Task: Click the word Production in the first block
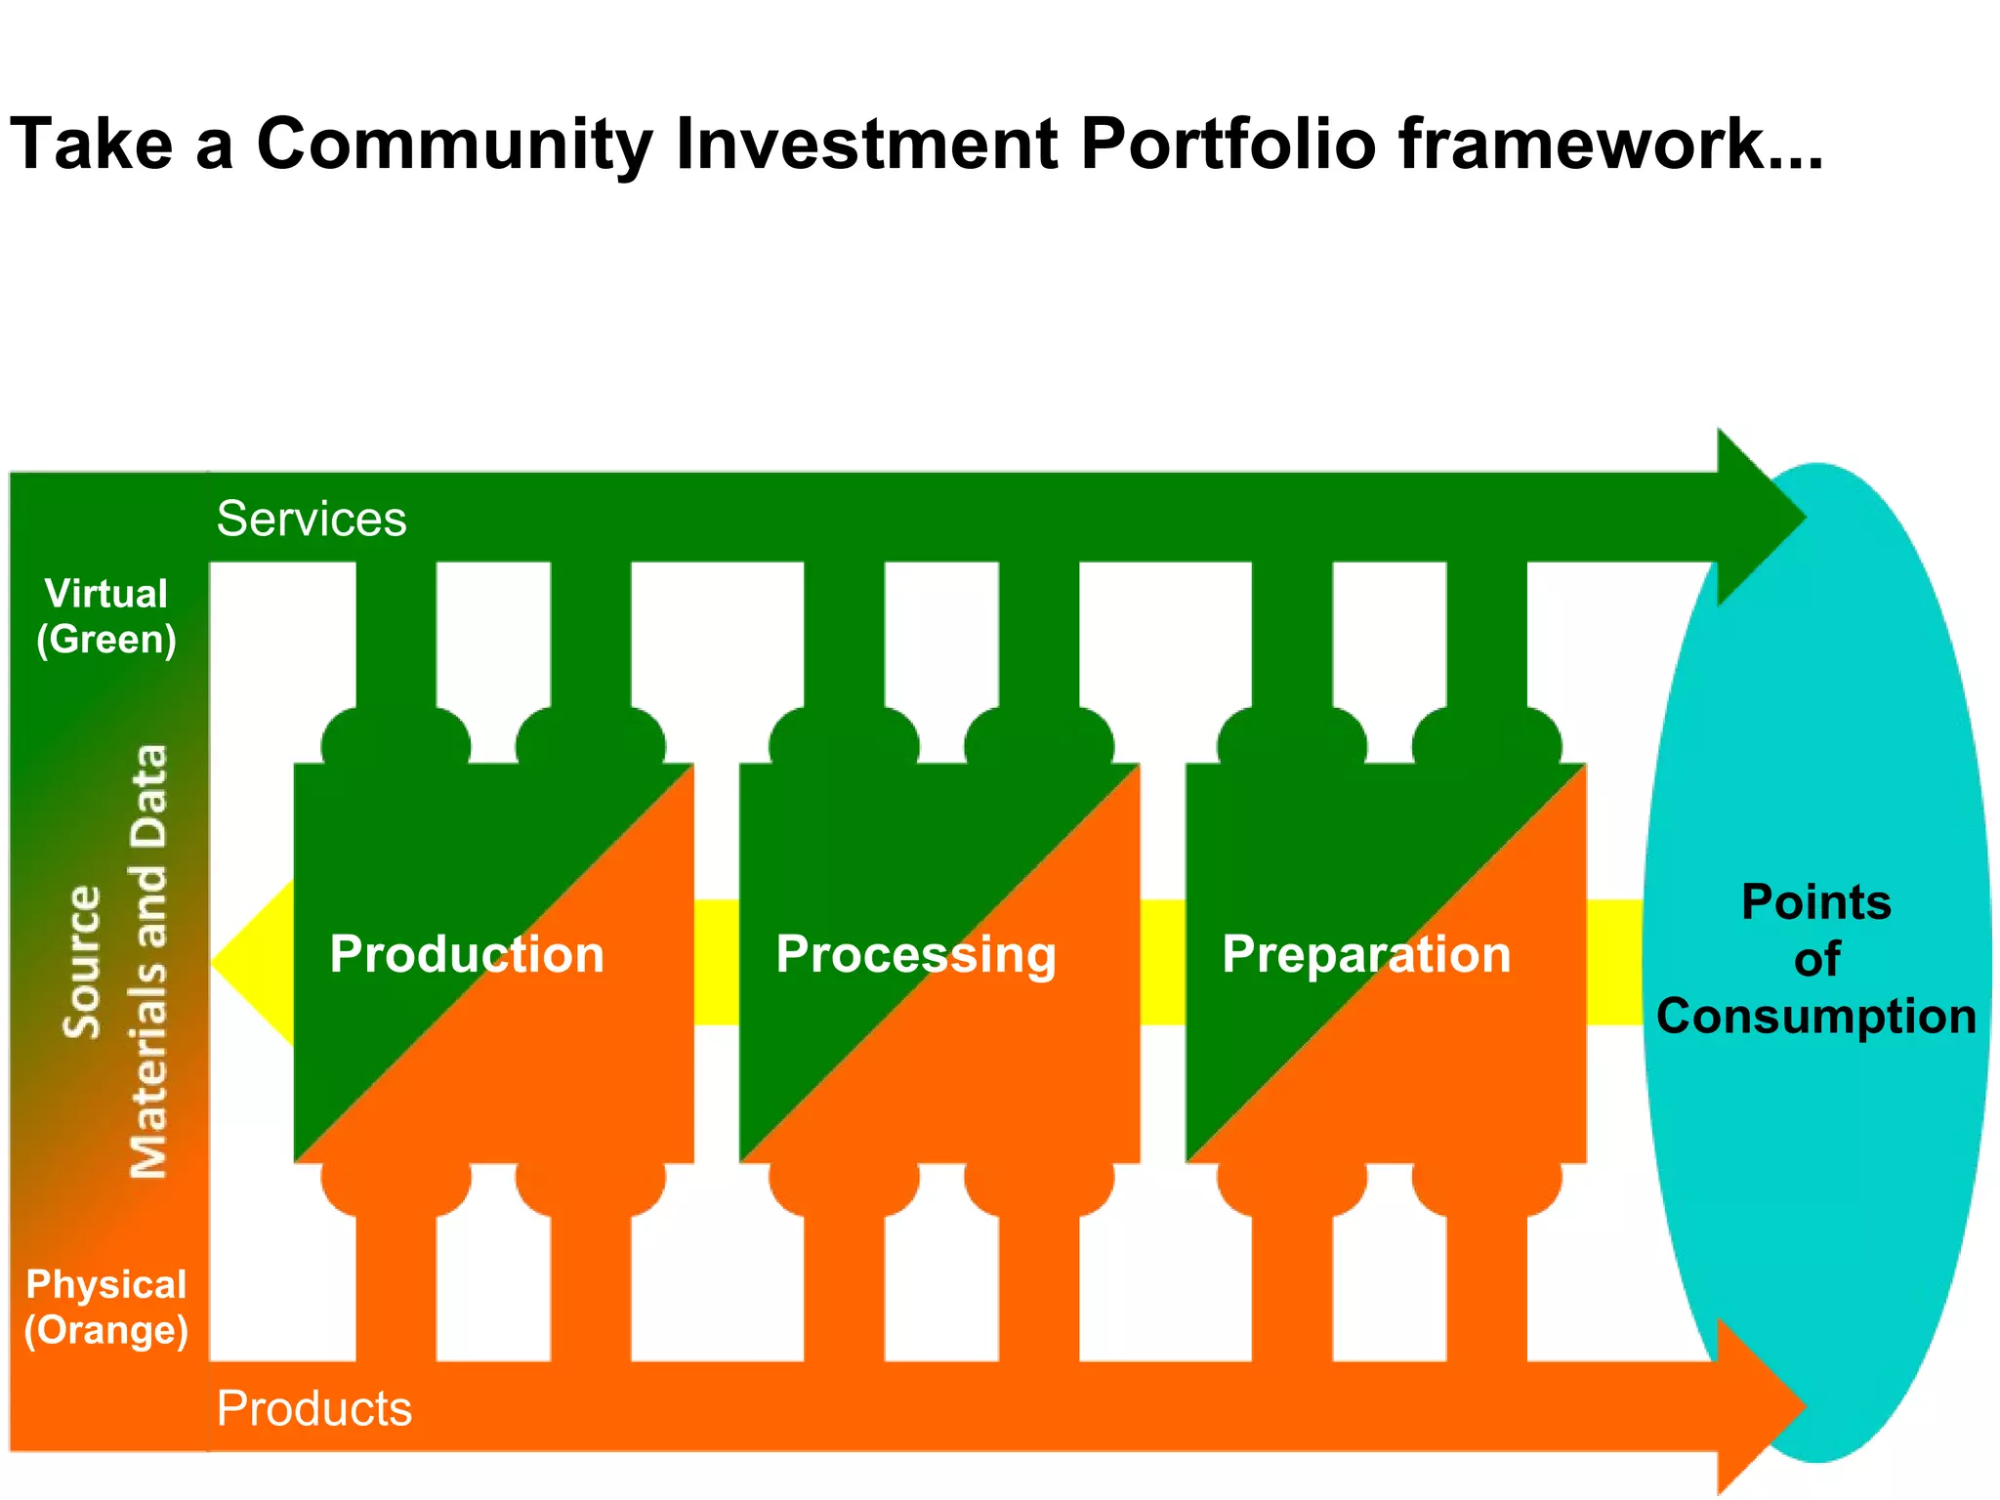click(467, 954)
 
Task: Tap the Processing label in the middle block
click(915, 954)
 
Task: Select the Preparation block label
click(1365, 954)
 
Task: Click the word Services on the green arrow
click(311, 519)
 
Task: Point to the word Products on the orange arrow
click(313, 1408)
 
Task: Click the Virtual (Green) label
click(106, 616)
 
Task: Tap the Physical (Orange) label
click(105, 1307)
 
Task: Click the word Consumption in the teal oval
click(1815, 1016)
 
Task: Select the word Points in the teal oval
click(1815, 901)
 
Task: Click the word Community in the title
click(454, 145)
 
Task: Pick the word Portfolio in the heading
click(1228, 145)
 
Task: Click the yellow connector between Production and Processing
click(717, 962)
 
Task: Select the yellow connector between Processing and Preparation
click(1162, 962)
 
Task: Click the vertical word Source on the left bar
click(82, 962)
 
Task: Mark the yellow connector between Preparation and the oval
click(1613, 962)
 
